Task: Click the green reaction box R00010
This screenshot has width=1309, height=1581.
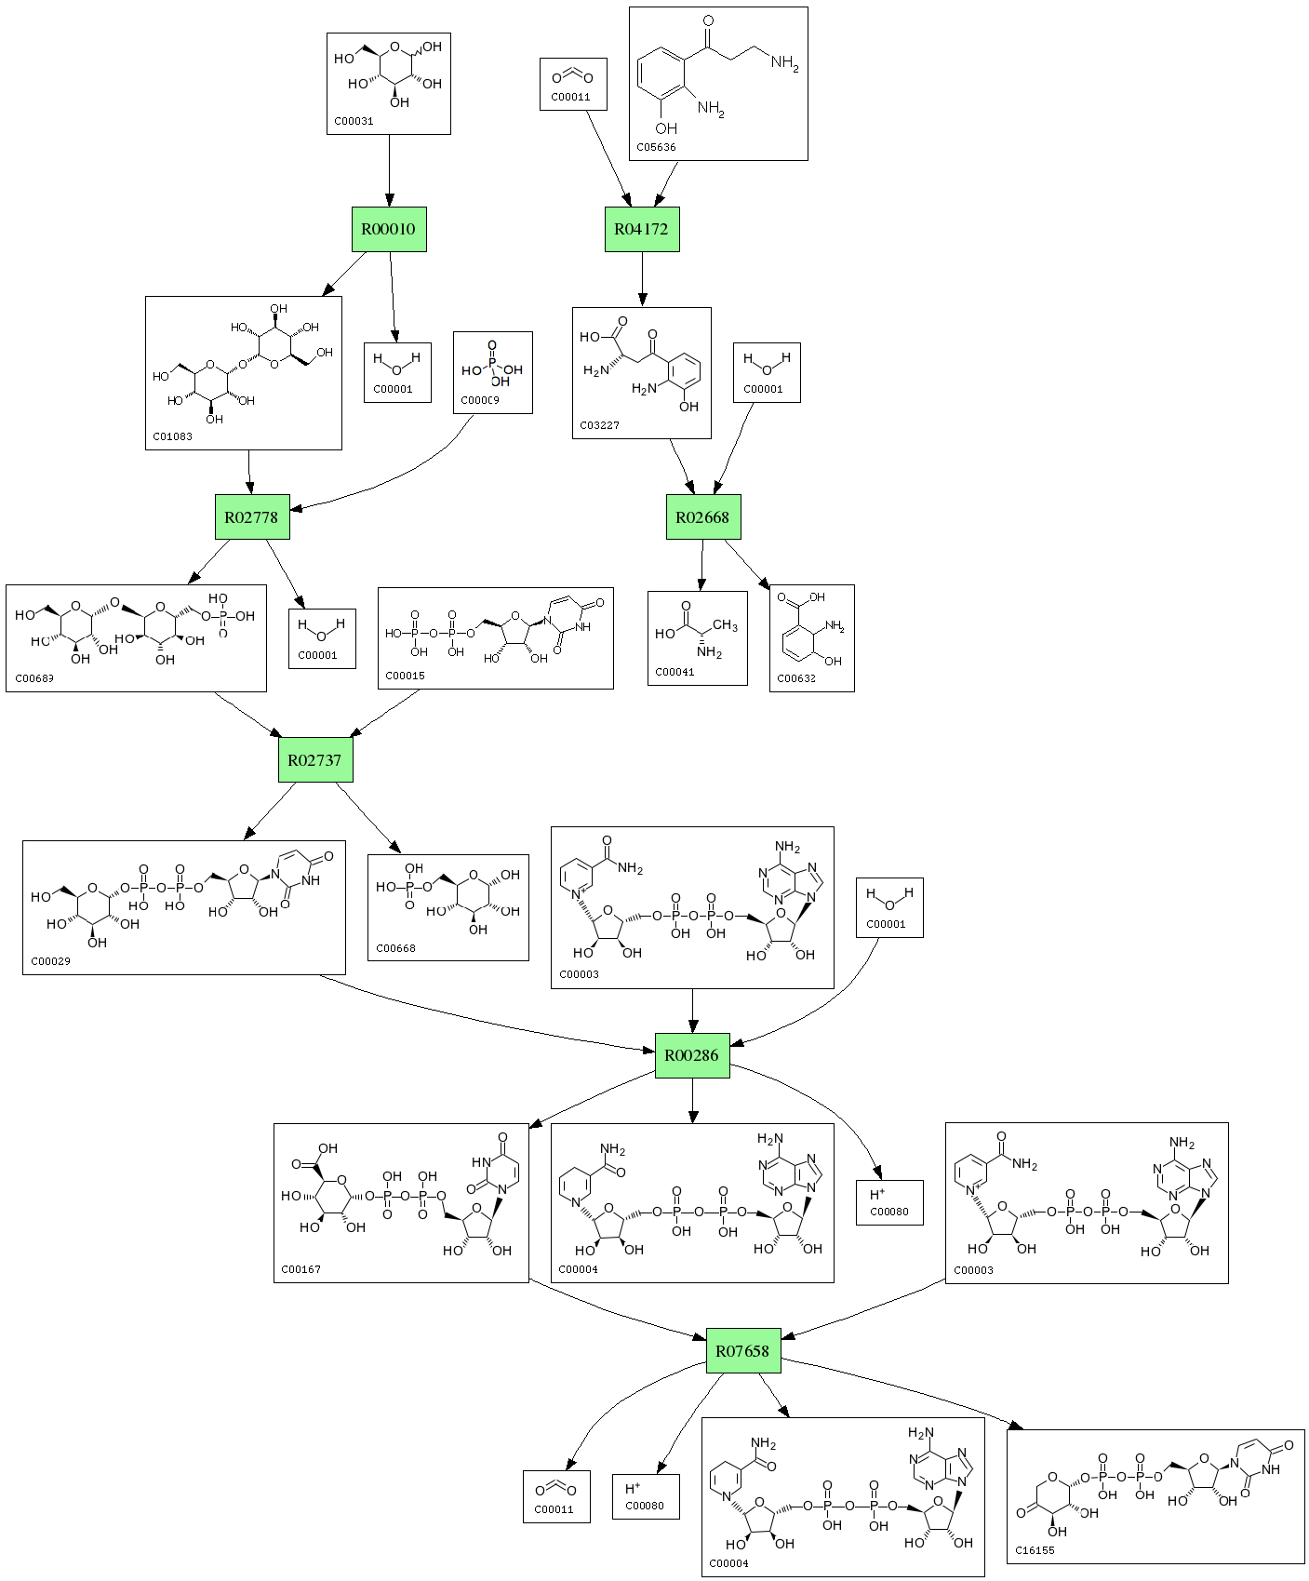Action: tap(389, 229)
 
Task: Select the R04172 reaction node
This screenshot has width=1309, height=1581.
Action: tap(642, 229)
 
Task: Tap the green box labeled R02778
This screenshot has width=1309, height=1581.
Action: tap(252, 516)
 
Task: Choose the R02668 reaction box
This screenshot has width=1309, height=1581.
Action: tap(703, 516)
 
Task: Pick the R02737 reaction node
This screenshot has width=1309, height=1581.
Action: tap(315, 759)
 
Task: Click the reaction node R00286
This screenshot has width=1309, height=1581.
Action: tap(692, 1055)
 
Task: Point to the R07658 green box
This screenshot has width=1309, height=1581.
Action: tap(743, 1350)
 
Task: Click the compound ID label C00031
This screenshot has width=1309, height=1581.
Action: tap(354, 121)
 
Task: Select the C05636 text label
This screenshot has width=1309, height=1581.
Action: tap(657, 147)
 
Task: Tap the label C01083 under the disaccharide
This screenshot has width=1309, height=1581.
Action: tap(173, 436)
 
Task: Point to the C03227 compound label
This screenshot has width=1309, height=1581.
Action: tap(599, 425)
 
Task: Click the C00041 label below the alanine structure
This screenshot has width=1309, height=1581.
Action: tap(675, 672)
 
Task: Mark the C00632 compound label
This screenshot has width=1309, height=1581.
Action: tap(796, 678)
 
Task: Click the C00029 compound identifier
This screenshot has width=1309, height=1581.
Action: tap(50, 961)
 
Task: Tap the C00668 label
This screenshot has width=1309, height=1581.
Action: tap(395, 948)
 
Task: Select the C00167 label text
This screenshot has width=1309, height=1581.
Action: tap(301, 1269)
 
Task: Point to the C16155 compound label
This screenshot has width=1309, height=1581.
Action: tap(1035, 1550)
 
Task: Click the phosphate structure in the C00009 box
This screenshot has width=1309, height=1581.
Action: tap(493, 364)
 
